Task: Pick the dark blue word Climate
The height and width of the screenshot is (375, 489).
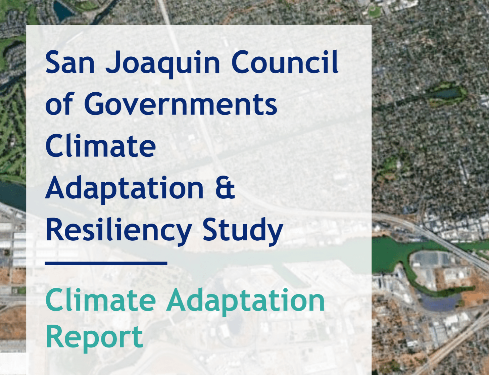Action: pyautogui.click(x=100, y=146)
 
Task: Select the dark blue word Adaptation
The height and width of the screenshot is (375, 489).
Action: pyautogui.click(x=125, y=189)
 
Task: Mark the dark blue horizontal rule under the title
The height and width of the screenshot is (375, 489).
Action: pyautogui.click(x=106, y=263)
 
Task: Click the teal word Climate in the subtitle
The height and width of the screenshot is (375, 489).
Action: pyautogui.click(x=100, y=300)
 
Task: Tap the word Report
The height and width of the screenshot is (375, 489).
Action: pyautogui.click(x=94, y=338)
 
